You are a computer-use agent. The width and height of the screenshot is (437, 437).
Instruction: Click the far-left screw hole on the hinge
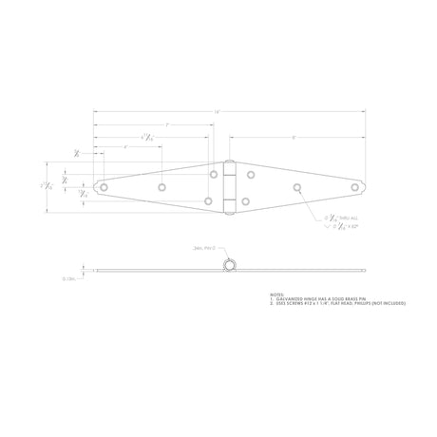(x=104, y=187)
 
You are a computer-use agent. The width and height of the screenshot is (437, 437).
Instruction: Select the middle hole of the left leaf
(x=161, y=187)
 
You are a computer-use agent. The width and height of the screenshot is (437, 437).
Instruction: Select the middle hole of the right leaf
(x=297, y=187)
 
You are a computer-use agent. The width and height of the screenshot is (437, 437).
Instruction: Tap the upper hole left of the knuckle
(x=214, y=174)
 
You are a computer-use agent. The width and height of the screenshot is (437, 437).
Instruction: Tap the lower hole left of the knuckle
(x=209, y=201)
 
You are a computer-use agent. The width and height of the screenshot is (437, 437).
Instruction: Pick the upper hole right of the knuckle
(x=251, y=174)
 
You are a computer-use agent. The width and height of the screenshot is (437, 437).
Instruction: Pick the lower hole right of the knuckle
(x=245, y=201)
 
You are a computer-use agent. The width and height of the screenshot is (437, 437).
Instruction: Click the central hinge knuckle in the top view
(x=229, y=187)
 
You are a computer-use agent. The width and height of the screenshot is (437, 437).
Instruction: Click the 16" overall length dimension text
(x=218, y=112)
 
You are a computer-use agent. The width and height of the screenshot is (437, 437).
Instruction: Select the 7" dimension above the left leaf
(x=167, y=125)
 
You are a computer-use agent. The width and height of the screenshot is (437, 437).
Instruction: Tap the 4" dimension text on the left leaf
(x=125, y=147)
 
